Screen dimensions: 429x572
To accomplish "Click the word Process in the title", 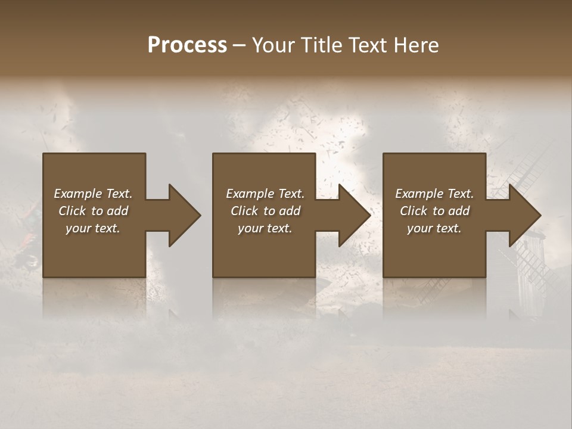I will click(187, 45).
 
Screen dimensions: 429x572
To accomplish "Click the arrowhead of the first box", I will click(185, 215).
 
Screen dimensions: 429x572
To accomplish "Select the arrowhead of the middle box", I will click(355, 215).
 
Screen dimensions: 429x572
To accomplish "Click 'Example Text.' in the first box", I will click(93, 194).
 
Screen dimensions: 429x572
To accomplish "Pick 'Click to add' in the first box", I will click(93, 211).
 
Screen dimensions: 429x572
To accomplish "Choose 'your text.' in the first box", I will click(93, 228).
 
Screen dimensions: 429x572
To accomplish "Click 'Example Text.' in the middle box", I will click(265, 194).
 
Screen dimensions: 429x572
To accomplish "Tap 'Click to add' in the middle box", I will click(265, 211).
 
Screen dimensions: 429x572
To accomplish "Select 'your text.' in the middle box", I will click(265, 228).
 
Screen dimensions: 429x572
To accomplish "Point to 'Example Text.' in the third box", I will click(434, 194).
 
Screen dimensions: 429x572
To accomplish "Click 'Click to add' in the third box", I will click(434, 211).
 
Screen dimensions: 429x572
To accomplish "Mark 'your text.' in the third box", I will click(434, 228).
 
